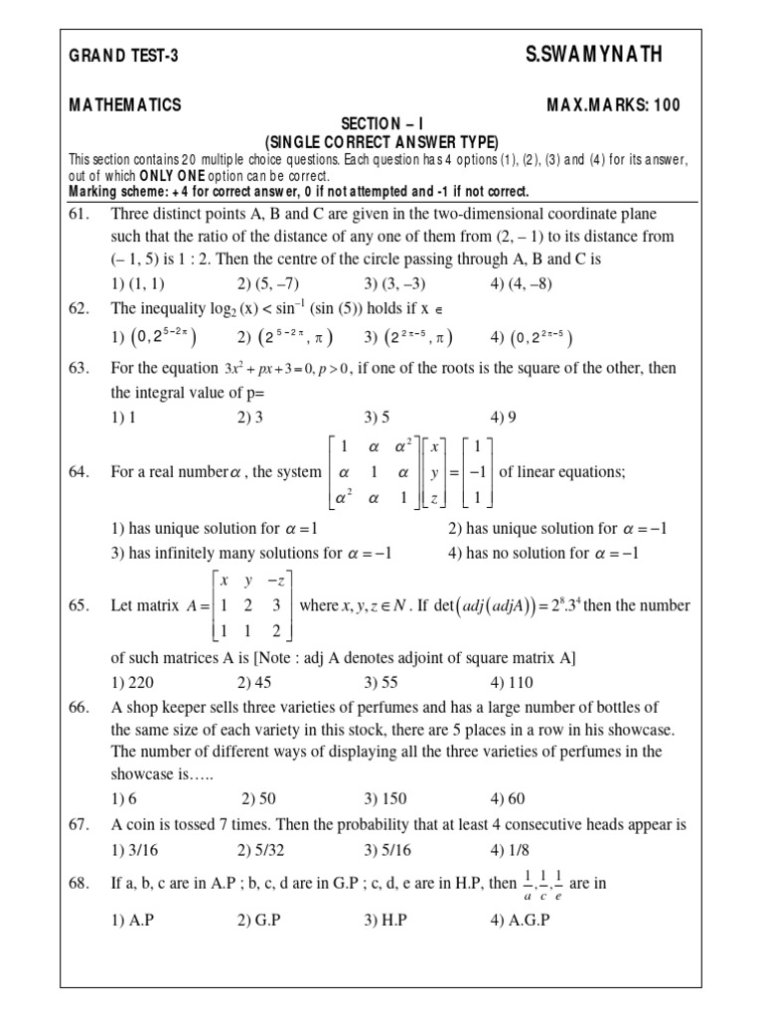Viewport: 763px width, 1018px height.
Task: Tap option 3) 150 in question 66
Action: click(383, 798)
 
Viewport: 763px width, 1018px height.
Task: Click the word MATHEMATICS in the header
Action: click(125, 105)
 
